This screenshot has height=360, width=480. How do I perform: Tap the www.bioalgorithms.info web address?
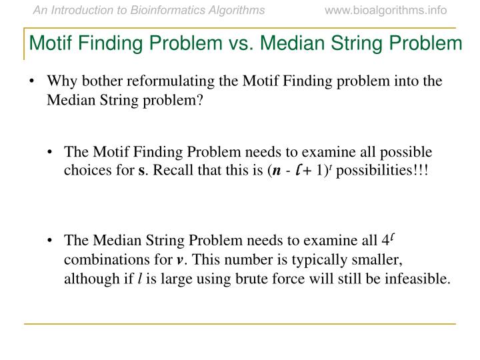pos(386,10)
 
